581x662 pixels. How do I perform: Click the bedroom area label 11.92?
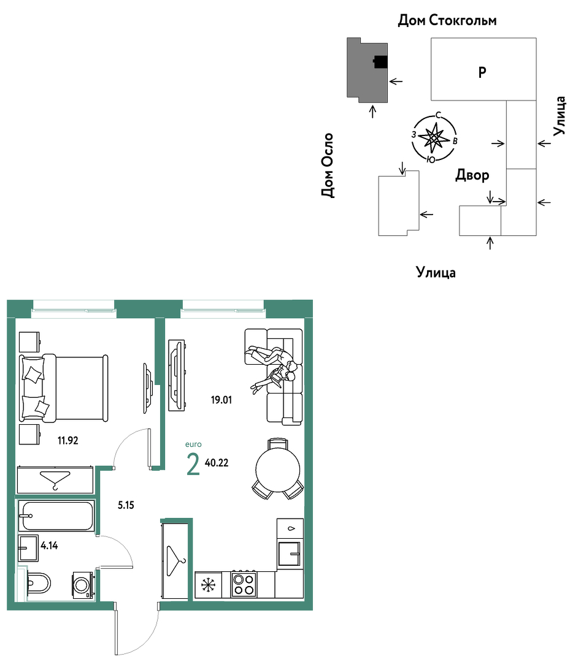click(67, 441)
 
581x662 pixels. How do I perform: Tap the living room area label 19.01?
click(221, 400)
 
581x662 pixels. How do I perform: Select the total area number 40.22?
click(217, 463)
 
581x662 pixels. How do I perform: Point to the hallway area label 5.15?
click(126, 505)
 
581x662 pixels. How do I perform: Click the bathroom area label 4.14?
click(49, 546)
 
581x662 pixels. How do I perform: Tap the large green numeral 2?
click(193, 464)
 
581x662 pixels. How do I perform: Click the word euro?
click(193, 444)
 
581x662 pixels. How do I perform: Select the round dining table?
click(277, 470)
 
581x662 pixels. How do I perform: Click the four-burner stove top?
click(244, 584)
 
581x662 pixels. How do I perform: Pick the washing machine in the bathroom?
click(83, 585)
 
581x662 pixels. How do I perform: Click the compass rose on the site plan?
click(434, 138)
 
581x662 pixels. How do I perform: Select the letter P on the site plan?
click(482, 72)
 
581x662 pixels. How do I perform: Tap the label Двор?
click(472, 175)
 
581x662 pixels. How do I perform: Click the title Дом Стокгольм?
click(447, 20)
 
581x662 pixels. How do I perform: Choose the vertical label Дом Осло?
click(328, 165)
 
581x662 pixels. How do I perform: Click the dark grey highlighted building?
click(367, 70)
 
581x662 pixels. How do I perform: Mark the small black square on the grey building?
click(381, 62)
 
